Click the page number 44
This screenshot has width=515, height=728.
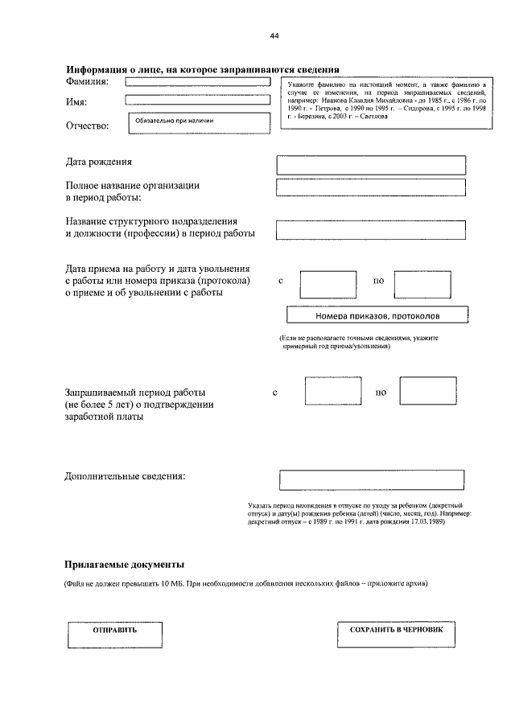tap(274, 36)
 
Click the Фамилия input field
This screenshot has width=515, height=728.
tap(195, 82)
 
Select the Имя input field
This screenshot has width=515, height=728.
tap(195, 101)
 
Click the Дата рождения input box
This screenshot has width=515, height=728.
tap(371, 165)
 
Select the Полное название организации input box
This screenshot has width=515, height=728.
tap(371, 187)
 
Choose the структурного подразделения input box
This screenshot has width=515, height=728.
tap(371, 229)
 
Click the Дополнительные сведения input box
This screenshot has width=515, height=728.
tap(371, 480)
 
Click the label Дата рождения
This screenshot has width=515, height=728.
tap(99, 162)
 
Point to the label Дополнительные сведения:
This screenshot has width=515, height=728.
tap(125, 475)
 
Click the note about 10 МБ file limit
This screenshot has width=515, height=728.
tap(246, 583)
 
